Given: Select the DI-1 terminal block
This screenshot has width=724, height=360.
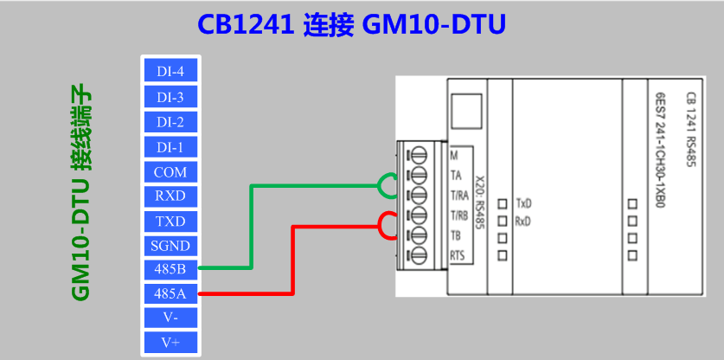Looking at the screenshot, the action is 171,147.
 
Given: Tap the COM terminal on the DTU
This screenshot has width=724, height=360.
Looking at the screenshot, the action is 171,172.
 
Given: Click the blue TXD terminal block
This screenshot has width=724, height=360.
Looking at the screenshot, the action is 171,222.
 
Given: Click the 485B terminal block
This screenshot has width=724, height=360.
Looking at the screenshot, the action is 171,269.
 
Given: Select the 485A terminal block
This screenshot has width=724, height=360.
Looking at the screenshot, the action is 171,293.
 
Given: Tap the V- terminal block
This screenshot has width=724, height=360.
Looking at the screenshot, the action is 171,318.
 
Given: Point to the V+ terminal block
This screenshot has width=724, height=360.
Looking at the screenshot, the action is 171,343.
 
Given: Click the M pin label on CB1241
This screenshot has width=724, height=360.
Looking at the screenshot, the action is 454,156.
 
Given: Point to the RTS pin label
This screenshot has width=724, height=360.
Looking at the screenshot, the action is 457,255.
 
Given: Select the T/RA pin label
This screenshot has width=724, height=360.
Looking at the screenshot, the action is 459,196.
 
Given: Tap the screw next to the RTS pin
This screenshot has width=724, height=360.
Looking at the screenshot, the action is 420,255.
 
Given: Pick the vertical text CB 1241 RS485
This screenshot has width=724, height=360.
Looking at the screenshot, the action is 691,129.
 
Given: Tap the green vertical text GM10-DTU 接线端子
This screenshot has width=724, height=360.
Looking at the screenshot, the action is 82,196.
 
